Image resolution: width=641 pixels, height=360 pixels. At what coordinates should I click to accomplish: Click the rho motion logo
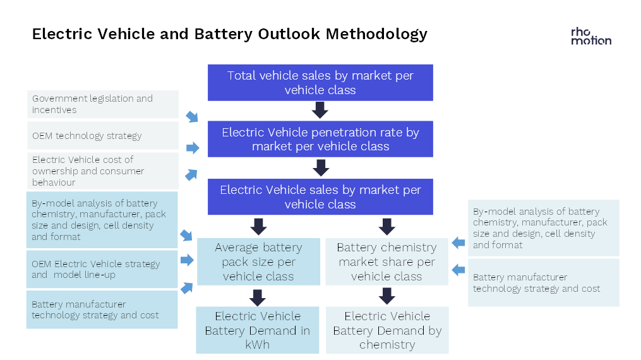pyautogui.click(x=590, y=37)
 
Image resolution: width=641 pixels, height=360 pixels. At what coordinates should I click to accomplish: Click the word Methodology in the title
pyautogui.click(x=376, y=34)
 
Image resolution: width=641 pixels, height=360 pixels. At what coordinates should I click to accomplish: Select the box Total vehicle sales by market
pyautogui.click(x=320, y=83)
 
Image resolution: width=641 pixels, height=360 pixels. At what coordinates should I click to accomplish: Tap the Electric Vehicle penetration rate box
pyautogui.click(x=320, y=139)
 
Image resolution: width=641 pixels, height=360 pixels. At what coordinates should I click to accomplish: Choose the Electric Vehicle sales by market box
pyautogui.click(x=320, y=196)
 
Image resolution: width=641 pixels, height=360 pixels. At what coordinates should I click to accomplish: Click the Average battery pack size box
pyautogui.click(x=258, y=261)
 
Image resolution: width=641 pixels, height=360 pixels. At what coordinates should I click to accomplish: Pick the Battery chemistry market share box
pyautogui.click(x=386, y=261)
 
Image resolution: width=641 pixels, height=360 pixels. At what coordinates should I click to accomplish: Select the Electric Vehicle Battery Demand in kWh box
pyautogui.click(x=258, y=330)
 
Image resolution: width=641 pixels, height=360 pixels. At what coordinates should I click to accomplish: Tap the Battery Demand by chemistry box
pyautogui.click(x=387, y=330)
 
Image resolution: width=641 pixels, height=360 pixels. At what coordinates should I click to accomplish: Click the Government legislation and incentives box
pyautogui.click(x=103, y=104)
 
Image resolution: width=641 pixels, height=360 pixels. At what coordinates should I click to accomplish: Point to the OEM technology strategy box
pyautogui.click(x=103, y=135)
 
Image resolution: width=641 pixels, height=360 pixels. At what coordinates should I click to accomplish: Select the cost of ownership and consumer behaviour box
pyautogui.click(x=103, y=171)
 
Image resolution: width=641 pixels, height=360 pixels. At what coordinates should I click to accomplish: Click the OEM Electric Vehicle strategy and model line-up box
pyautogui.click(x=102, y=269)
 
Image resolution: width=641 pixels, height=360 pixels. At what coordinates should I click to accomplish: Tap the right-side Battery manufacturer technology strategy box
pyautogui.click(x=544, y=283)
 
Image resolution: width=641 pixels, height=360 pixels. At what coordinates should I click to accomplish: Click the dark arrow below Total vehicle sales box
pyautogui.click(x=320, y=110)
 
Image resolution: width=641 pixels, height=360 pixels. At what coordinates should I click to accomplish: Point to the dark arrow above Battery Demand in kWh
pyautogui.click(x=258, y=297)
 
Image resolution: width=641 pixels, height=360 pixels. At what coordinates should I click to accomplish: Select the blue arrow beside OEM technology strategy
pyautogui.click(x=193, y=148)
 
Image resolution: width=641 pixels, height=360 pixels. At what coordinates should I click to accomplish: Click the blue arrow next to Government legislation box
pyautogui.click(x=192, y=116)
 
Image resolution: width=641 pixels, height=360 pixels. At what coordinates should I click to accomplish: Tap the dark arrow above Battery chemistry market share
pyautogui.click(x=386, y=226)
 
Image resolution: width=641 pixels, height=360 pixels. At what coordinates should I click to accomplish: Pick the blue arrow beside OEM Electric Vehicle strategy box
pyautogui.click(x=187, y=260)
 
